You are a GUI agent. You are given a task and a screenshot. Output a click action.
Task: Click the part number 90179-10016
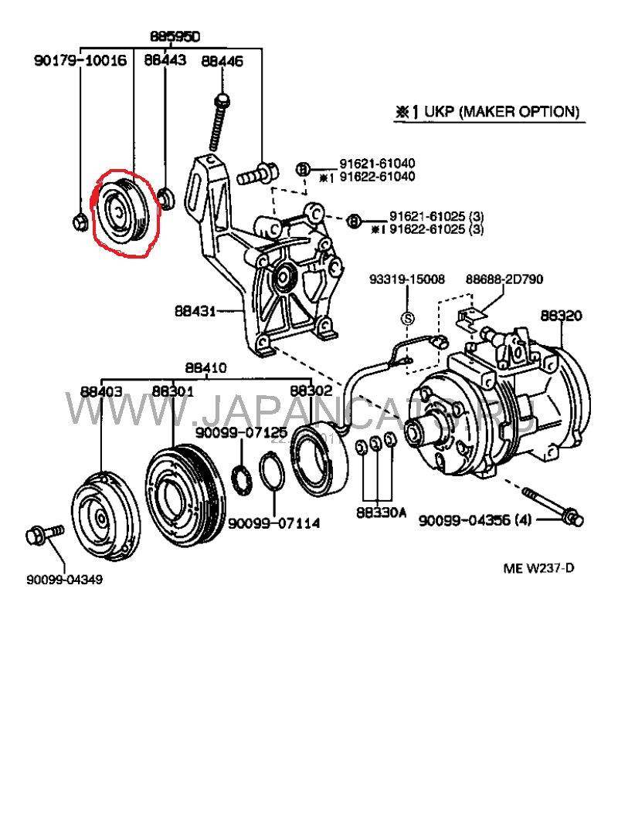[80, 60]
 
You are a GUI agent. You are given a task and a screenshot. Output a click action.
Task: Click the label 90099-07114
[273, 524]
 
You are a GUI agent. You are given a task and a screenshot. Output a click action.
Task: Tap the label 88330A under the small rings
[381, 512]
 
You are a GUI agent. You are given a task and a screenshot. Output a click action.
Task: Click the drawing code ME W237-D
[538, 569]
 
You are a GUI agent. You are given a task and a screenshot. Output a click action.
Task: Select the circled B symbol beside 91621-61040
[304, 169]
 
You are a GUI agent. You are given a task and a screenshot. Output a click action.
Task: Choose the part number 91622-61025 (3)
[436, 229]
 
